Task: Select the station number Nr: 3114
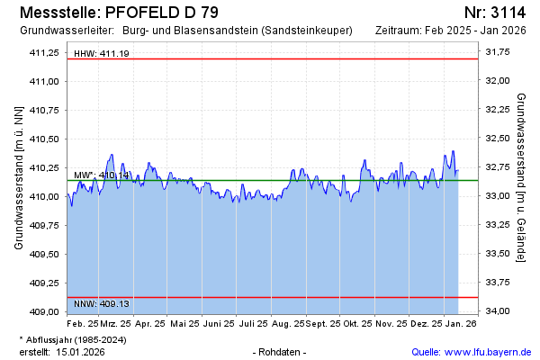coord(494,13)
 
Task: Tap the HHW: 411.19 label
coord(101,54)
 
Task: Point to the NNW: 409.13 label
coord(101,303)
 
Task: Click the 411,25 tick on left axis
coord(44,52)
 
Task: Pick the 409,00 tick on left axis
coord(44,311)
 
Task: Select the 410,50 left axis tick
coord(44,139)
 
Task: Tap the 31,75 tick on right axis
coord(498,52)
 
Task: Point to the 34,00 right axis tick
coord(498,311)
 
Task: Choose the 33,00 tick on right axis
coord(498,196)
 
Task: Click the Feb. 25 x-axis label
coord(83,322)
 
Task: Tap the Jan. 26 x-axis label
coord(460,322)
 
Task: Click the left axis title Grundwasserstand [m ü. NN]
coord(18,177)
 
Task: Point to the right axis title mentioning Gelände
coord(522,177)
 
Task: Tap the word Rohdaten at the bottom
coord(281,352)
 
